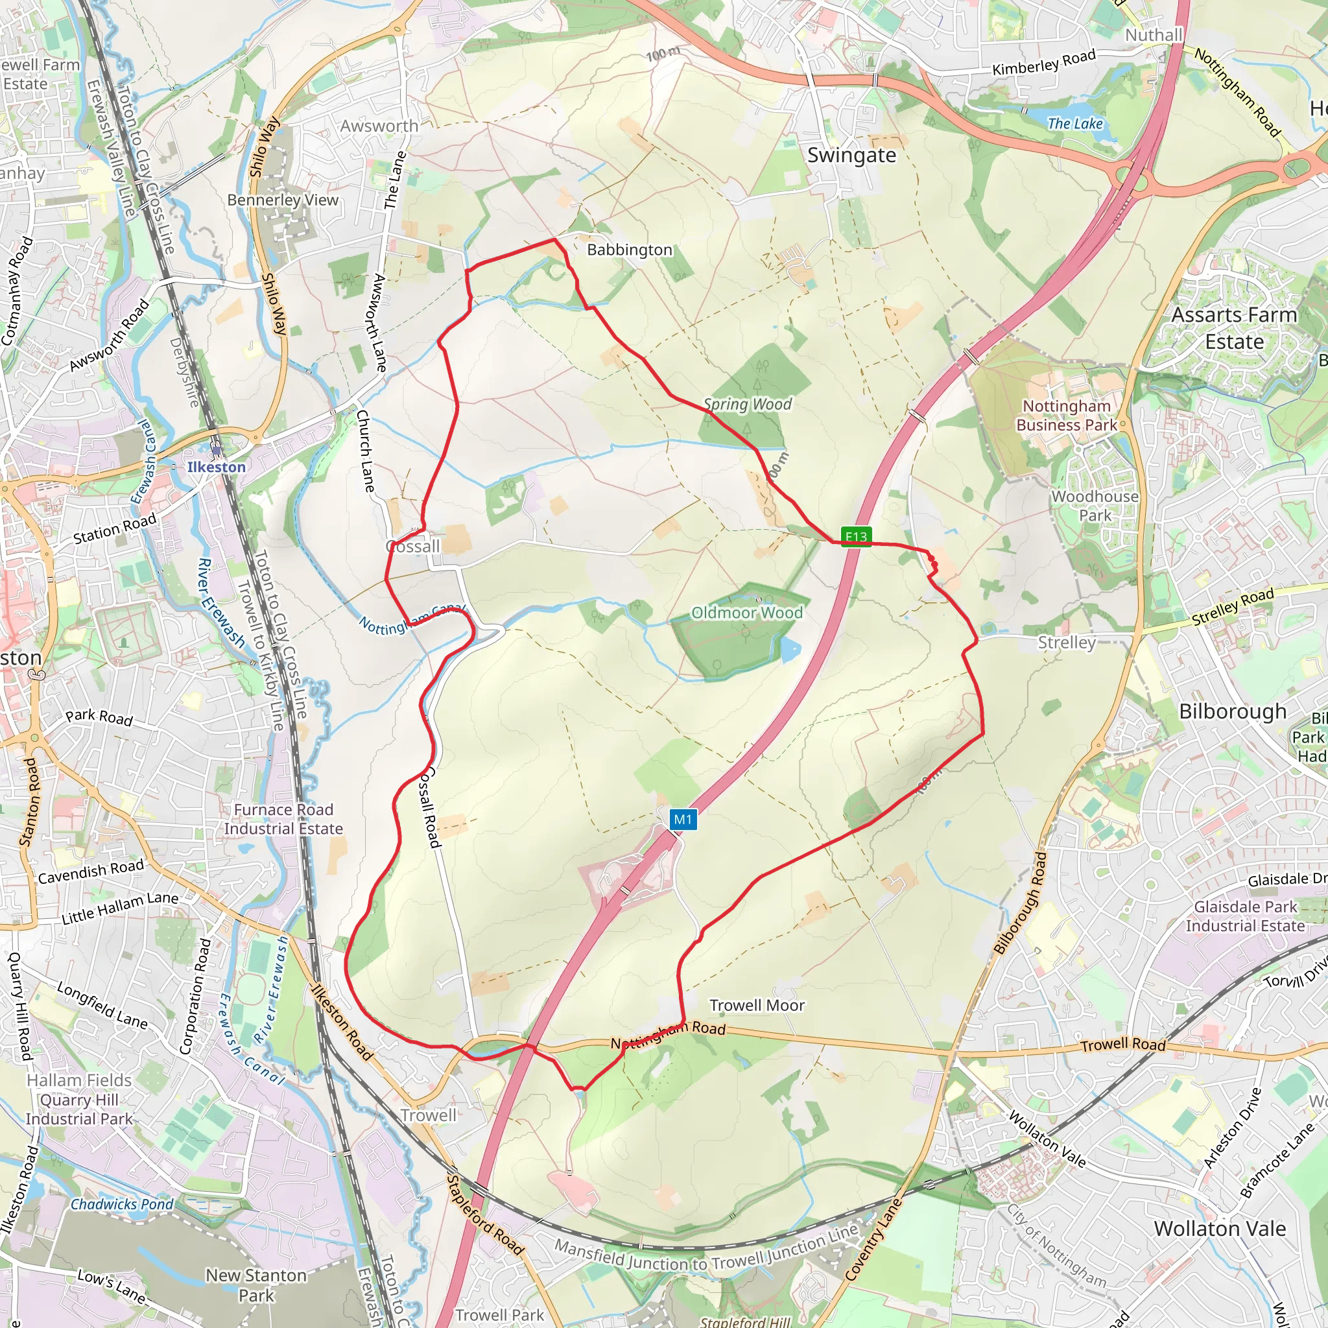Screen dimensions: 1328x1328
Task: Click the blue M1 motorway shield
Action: tap(683, 819)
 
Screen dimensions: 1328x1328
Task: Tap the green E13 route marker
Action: tap(856, 536)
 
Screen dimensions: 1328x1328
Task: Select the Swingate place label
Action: tap(851, 156)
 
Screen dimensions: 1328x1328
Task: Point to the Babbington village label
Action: tap(629, 250)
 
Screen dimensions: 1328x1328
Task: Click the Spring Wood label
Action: tap(747, 404)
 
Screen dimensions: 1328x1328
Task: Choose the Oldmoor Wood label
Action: tap(746, 612)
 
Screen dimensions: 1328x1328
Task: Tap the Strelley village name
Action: tap(1066, 642)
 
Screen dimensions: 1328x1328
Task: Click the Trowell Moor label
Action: tap(757, 1005)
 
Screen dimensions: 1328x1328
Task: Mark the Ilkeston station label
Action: tap(217, 467)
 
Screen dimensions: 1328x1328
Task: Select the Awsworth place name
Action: tap(379, 126)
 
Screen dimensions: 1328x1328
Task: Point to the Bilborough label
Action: tap(1233, 711)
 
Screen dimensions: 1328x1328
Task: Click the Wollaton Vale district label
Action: tap(1220, 1228)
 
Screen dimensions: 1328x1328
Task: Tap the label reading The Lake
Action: tap(1074, 124)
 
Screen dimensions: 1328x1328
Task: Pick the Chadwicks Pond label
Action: tap(122, 1203)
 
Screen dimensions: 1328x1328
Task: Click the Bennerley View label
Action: tap(283, 200)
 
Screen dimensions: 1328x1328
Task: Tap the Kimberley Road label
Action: tap(1043, 62)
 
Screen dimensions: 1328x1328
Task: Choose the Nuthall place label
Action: tap(1154, 35)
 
